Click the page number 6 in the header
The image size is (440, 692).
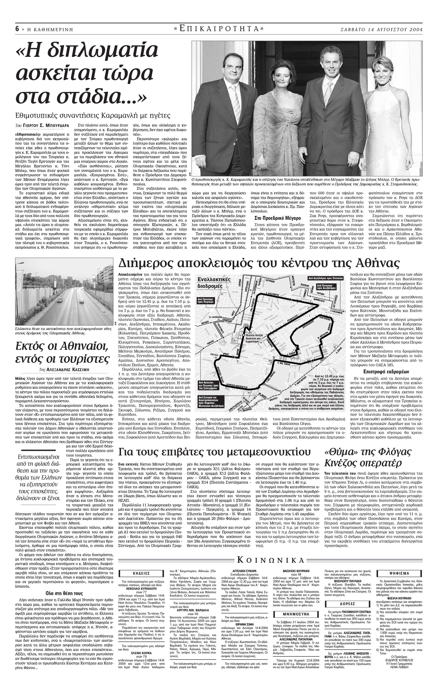(x=17, y=29)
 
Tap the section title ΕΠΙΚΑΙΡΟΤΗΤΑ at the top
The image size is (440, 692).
(x=219, y=28)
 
